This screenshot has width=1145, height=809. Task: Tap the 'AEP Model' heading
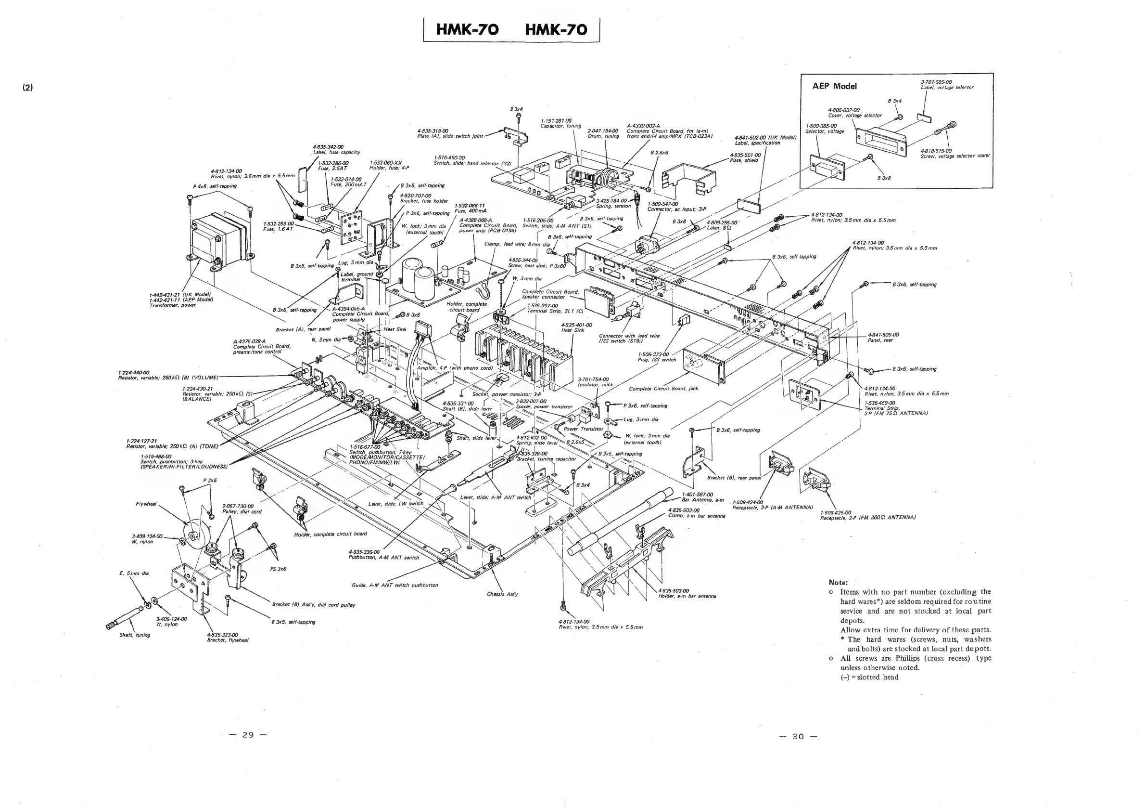834,86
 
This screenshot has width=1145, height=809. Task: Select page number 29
248,735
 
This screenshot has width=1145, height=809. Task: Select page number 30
798,737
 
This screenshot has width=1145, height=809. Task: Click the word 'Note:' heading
838,582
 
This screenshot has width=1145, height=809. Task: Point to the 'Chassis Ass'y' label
502,594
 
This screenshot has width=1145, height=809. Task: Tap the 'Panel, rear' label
880,340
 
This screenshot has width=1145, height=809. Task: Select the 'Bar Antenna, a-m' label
703,499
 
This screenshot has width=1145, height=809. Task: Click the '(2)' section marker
27,87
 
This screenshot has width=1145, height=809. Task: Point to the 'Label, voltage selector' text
946,87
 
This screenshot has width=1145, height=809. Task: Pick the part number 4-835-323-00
222,635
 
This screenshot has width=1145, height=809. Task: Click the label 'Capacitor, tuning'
560,126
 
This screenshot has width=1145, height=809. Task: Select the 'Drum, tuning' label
603,136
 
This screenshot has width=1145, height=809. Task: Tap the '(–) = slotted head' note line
869,677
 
